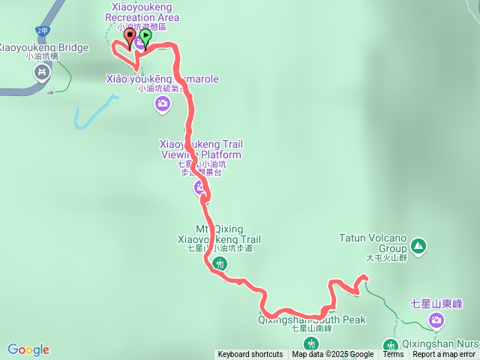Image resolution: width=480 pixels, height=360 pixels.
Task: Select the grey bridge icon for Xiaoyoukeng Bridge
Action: pyautogui.click(x=42, y=72)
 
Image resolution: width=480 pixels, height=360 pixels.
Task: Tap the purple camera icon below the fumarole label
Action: pyautogui.click(x=163, y=103)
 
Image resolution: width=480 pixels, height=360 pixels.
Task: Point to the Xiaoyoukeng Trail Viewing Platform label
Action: pyautogui.click(x=201, y=149)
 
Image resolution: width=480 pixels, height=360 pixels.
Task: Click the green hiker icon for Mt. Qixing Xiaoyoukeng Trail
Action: pyautogui.click(x=220, y=263)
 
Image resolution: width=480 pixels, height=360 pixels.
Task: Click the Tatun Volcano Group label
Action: pyautogui.click(x=372, y=244)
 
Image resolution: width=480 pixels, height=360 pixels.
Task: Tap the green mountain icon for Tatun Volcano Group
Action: pyautogui.click(x=418, y=245)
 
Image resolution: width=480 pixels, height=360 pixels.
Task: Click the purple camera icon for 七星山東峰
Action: pyautogui.click(x=436, y=321)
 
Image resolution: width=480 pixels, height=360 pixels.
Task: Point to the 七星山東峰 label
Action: pyautogui.click(x=436, y=304)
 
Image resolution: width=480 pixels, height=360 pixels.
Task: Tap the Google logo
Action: pyautogui.click(x=28, y=349)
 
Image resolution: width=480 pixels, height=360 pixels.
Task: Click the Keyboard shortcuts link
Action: pyautogui.click(x=250, y=355)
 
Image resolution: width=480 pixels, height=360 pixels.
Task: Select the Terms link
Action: pyautogui.click(x=393, y=355)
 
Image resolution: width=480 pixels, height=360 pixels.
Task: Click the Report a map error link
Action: pyautogui.click(x=445, y=355)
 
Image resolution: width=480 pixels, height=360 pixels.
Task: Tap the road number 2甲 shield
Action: pyautogui.click(x=41, y=31)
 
